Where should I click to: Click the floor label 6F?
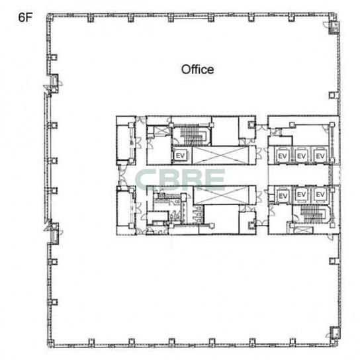click(25, 17)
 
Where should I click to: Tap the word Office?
click(197, 69)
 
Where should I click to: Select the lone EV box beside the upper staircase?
click(180, 156)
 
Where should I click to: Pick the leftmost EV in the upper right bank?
click(282, 156)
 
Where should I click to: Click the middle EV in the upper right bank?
click(301, 156)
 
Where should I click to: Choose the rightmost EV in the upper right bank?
click(320, 156)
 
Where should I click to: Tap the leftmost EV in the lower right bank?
click(283, 196)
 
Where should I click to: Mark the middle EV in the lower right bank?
click(301, 195)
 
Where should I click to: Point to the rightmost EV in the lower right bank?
click(320, 195)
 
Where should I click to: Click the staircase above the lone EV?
click(193, 136)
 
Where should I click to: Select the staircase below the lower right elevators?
click(312, 214)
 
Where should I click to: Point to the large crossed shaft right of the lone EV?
click(220, 156)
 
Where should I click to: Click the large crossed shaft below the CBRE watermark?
click(221, 195)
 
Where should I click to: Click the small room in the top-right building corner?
click(334, 27)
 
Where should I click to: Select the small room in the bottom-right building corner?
click(335, 332)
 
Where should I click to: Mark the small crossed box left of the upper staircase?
click(161, 131)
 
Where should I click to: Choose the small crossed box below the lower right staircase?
click(304, 230)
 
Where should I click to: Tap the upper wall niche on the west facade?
click(55, 80)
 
